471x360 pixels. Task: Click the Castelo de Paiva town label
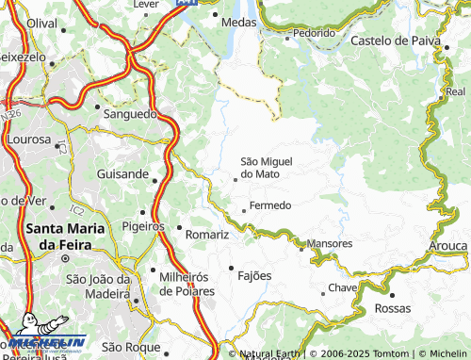(x=397, y=41)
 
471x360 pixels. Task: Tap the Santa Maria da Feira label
(x=65, y=236)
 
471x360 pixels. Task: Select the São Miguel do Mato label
(x=273, y=168)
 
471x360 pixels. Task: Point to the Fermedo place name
(x=271, y=205)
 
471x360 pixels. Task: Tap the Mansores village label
(x=330, y=243)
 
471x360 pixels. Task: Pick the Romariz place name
(x=207, y=234)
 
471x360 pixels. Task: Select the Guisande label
(x=122, y=174)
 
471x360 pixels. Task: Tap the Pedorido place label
(x=313, y=32)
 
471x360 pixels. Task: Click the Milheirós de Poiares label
(x=187, y=283)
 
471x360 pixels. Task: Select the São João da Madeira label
(x=97, y=286)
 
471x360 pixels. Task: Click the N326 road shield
(x=11, y=114)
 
